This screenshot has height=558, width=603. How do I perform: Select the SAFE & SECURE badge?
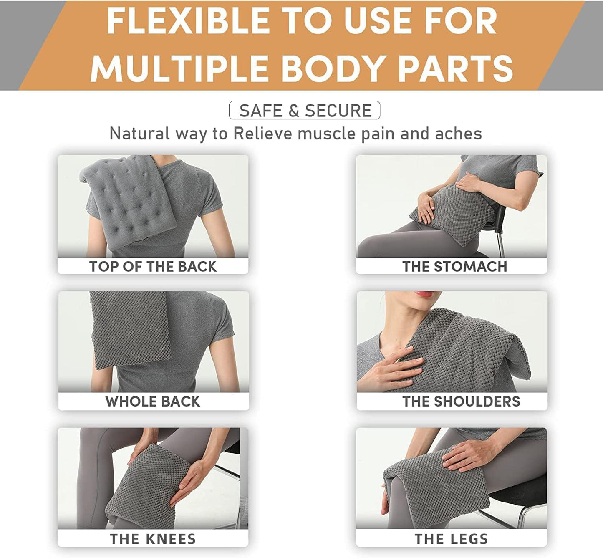pyautogui.click(x=305, y=111)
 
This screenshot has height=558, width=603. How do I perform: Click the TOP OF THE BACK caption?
pyautogui.click(x=153, y=266)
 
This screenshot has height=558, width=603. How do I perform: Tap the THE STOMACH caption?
pyautogui.click(x=454, y=266)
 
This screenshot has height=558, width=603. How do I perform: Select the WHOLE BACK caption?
pyautogui.click(x=153, y=401)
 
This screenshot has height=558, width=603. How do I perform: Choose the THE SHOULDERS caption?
pyautogui.click(x=461, y=401)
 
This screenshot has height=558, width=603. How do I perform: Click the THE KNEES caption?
pyautogui.click(x=153, y=539)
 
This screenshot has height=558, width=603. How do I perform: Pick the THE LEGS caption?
pyautogui.click(x=451, y=539)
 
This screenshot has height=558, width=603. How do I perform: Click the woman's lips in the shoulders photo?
pyautogui.click(x=423, y=295)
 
